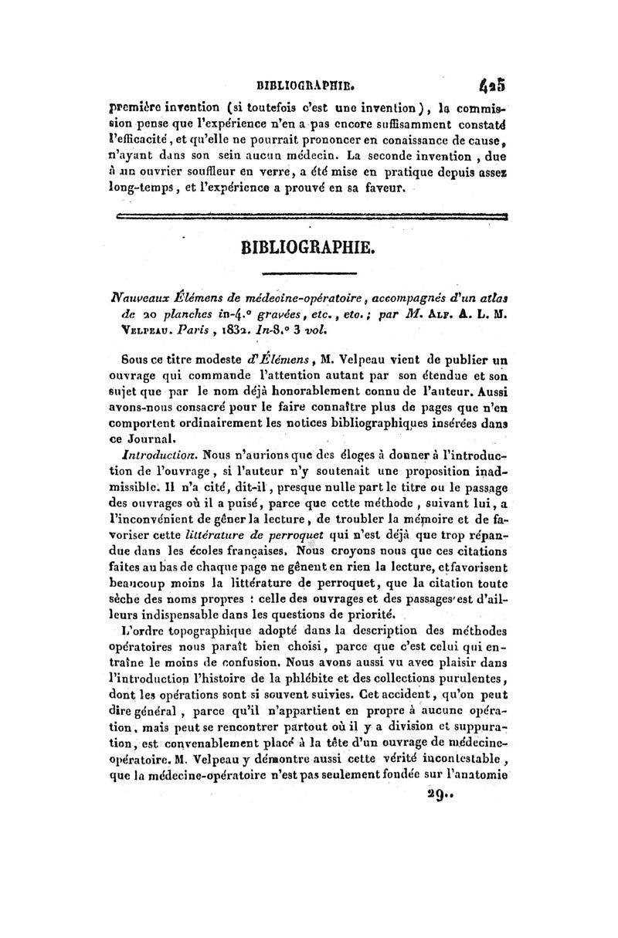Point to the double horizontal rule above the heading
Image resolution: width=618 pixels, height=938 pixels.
pyautogui.click(x=309, y=219)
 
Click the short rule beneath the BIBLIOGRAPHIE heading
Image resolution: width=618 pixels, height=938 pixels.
pyautogui.click(x=308, y=273)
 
